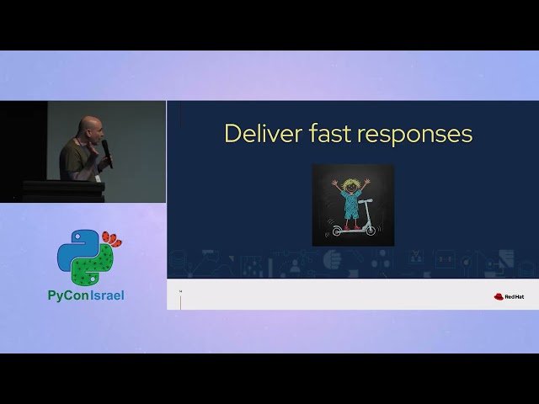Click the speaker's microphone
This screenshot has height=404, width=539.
point(107,151)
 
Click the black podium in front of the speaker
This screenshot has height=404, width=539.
point(63,191)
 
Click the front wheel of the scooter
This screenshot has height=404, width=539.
point(371,230)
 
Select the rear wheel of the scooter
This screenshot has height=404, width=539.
point(338,231)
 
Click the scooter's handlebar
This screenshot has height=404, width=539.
point(366,200)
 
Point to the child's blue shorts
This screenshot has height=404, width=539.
point(351,212)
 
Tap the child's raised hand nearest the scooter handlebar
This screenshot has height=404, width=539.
point(366,180)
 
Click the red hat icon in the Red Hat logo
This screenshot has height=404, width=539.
point(499,295)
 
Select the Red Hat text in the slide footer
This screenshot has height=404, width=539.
point(515,296)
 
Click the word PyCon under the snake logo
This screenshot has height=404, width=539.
point(67,295)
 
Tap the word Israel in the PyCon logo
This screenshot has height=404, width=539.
point(106,295)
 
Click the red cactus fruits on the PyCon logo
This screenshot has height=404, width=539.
point(111,239)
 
